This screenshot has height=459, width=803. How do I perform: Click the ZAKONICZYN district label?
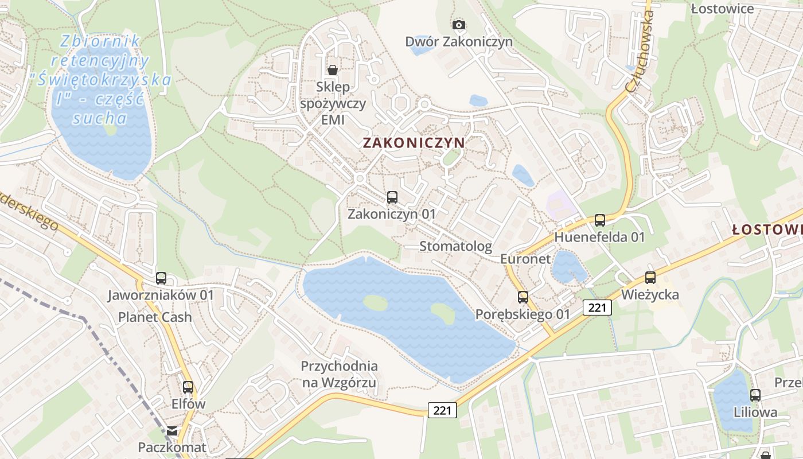point(414,143)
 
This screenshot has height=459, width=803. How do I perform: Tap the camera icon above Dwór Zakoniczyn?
point(458,25)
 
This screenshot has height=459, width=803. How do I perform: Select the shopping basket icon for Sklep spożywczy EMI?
point(332,70)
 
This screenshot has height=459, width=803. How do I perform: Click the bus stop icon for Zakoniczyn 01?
point(392,197)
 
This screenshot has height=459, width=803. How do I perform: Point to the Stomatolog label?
point(455,246)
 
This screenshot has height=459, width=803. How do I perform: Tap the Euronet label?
point(525,259)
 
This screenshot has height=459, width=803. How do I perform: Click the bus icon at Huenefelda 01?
point(600,220)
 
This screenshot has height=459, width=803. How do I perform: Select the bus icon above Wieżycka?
point(650,278)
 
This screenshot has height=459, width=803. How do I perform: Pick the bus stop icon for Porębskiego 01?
point(523,297)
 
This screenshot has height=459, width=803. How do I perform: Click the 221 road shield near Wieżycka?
point(597,308)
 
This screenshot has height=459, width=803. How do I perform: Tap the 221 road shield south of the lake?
point(442,410)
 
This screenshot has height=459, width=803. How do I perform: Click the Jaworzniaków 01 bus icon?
point(161,278)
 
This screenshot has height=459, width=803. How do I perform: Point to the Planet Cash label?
point(155,317)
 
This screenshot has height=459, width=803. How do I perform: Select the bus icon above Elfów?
point(188,387)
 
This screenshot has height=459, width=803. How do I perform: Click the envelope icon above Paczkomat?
point(172,430)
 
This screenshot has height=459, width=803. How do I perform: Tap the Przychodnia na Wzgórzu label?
point(340,374)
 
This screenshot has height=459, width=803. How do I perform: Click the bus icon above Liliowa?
point(755,395)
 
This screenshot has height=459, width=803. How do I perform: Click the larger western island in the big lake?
point(376,303)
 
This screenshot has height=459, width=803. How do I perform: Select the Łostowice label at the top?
point(722,9)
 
